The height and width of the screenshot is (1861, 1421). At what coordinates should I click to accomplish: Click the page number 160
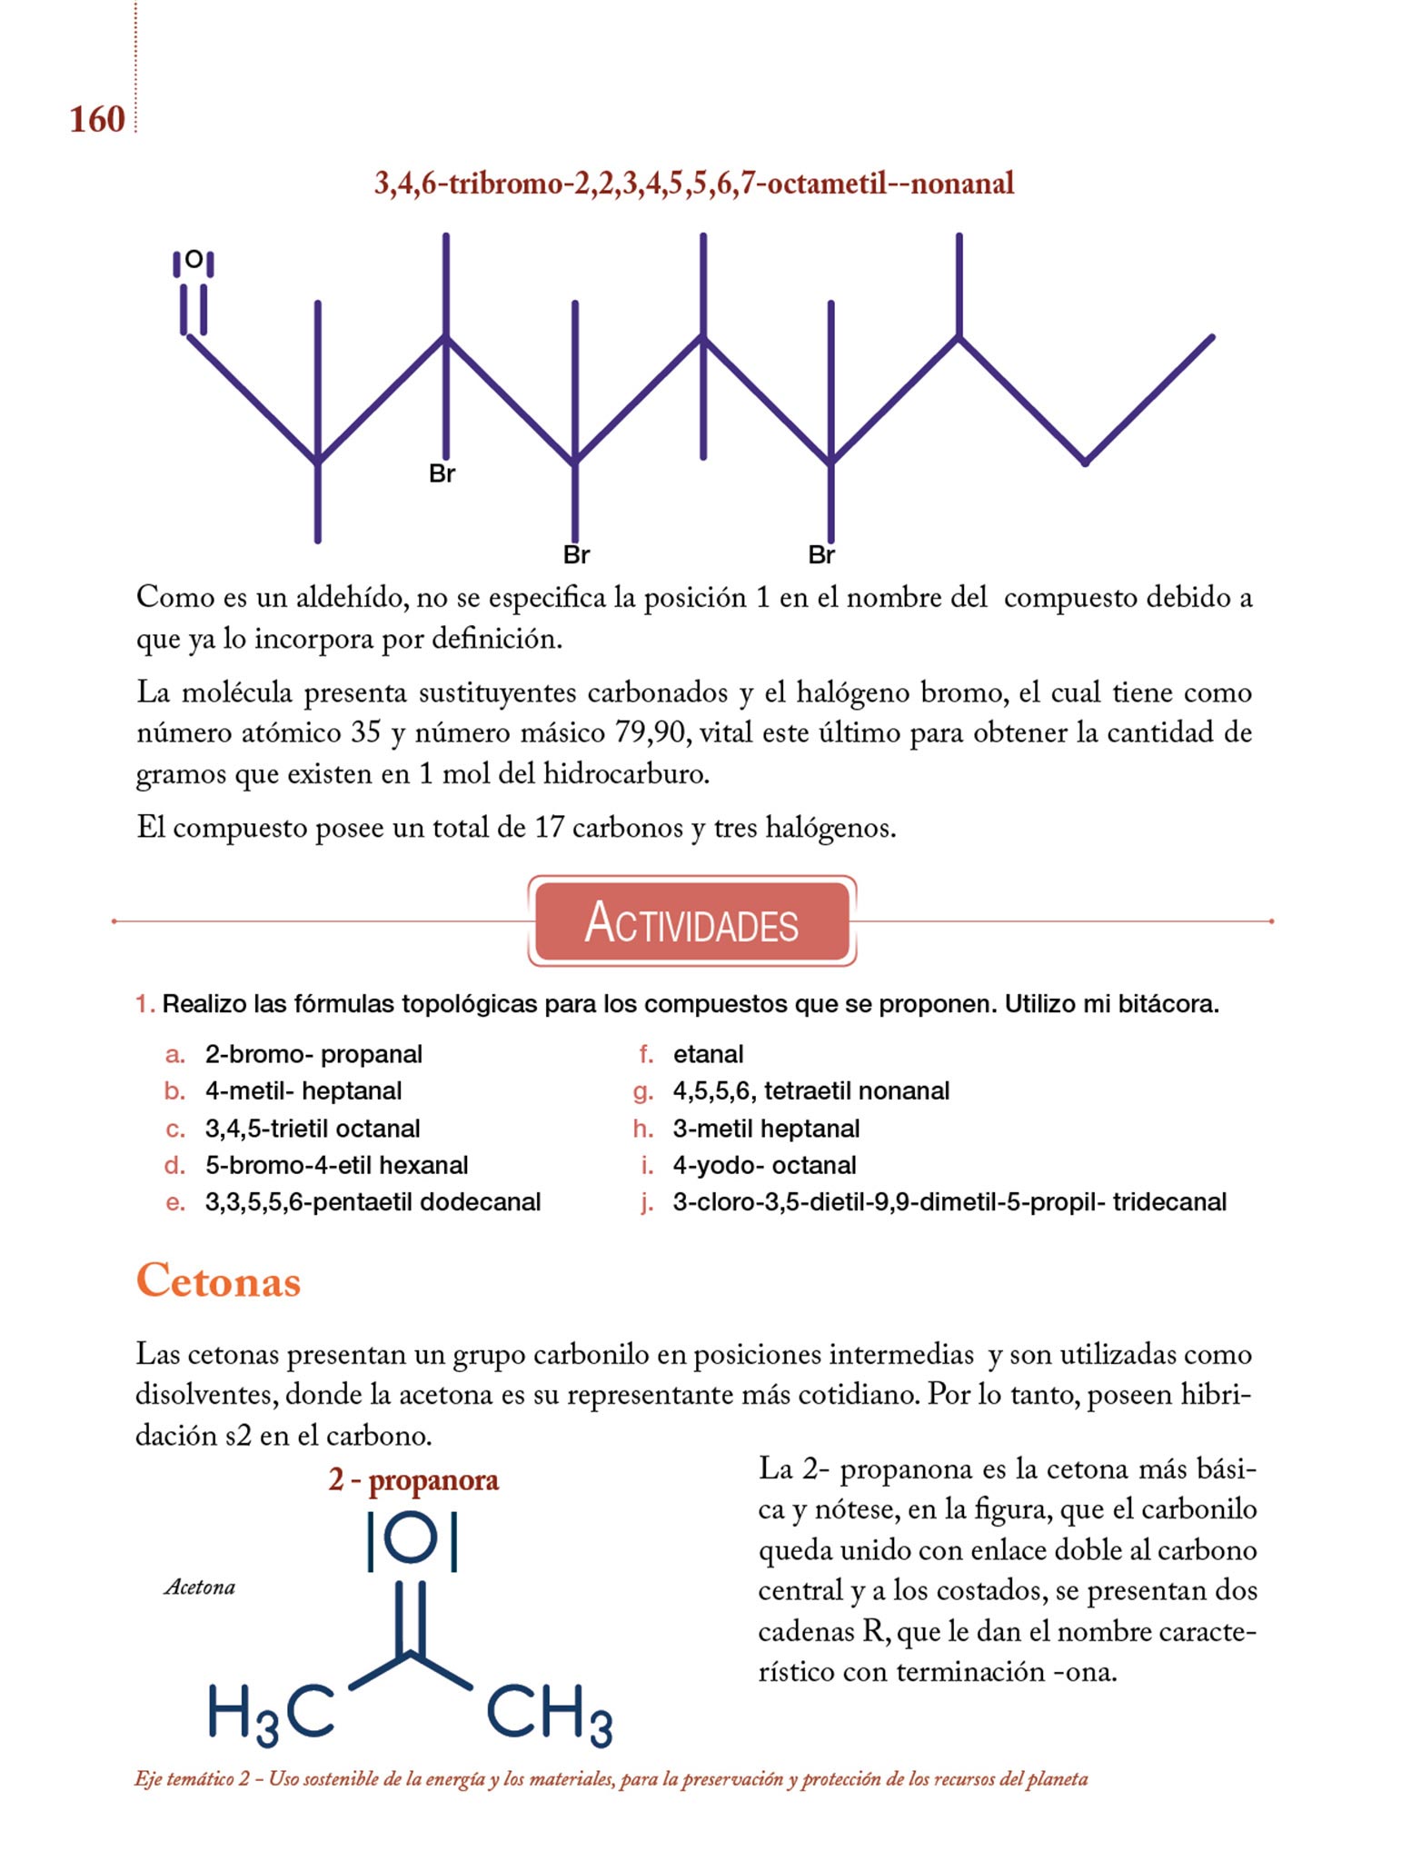97,119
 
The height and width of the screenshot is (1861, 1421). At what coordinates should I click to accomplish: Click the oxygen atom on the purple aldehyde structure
194,260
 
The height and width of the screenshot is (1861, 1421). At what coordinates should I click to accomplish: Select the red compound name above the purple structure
694,184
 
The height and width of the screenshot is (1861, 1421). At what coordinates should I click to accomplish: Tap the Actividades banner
692,921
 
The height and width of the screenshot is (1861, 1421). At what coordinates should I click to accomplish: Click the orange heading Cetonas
218,1280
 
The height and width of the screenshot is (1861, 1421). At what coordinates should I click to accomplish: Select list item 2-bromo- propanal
313,1054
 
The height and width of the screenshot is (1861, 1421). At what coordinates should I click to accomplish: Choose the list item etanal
708,1054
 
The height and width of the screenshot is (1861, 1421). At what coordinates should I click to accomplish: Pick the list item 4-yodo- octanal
764,1165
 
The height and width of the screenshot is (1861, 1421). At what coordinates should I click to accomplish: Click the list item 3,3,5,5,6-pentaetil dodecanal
373,1202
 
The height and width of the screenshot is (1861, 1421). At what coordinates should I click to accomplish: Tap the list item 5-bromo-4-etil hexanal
336,1165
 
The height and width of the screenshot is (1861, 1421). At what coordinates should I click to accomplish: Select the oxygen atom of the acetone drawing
412,1539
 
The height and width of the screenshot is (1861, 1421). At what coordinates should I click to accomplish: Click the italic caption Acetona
200,1587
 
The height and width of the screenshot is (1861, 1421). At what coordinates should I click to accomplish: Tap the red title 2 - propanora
413,1480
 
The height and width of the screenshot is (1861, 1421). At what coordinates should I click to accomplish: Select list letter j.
646,1203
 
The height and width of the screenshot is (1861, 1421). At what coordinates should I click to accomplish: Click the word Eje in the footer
148,1779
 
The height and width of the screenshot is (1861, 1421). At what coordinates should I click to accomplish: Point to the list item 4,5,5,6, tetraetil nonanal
810,1090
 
